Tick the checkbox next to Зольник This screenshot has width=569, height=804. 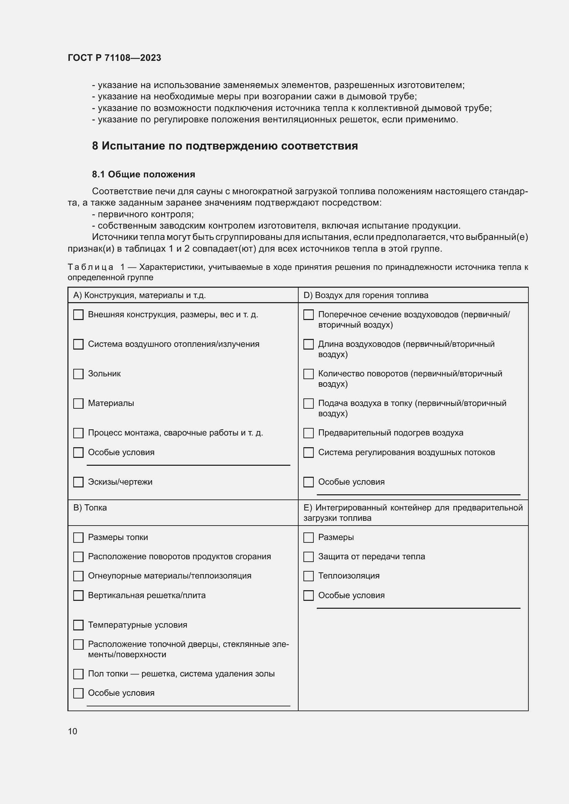click(x=78, y=374)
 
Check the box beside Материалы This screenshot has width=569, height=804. click(x=78, y=404)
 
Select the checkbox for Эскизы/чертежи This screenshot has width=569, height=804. click(x=78, y=482)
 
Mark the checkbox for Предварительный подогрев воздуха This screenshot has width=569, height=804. click(x=308, y=433)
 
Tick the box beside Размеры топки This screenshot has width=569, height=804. click(x=78, y=538)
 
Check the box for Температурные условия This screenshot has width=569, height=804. click(x=78, y=625)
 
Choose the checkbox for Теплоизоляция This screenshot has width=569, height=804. click(x=308, y=576)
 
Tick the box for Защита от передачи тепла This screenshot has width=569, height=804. click(x=308, y=557)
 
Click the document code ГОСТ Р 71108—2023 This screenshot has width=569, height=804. click(x=114, y=58)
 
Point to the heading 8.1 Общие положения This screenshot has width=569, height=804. click(x=143, y=174)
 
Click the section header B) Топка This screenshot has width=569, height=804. click(x=90, y=508)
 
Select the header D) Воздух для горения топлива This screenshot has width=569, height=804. click(x=365, y=295)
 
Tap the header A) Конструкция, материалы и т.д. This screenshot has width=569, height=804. click(x=139, y=295)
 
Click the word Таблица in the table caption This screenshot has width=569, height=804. click(x=90, y=267)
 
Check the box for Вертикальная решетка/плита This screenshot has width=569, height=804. click(x=78, y=596)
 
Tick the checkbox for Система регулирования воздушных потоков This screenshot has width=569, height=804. click(x=308, y=452)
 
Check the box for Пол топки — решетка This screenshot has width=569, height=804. click(x=78, y=674)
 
